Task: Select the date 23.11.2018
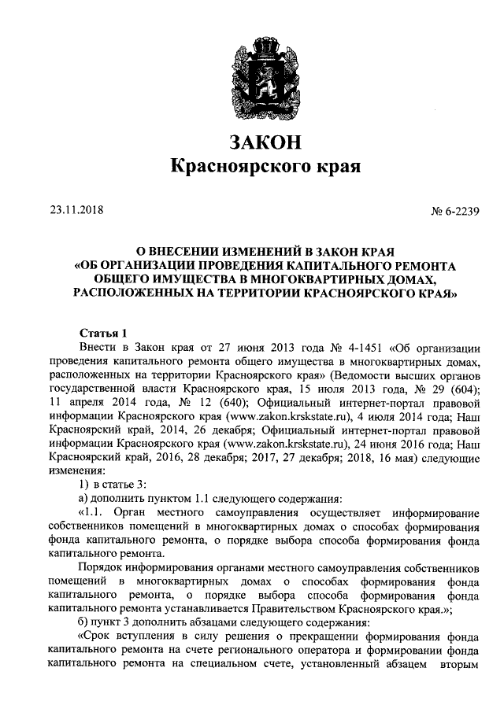76,210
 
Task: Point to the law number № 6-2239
457,210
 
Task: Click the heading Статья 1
105,332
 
